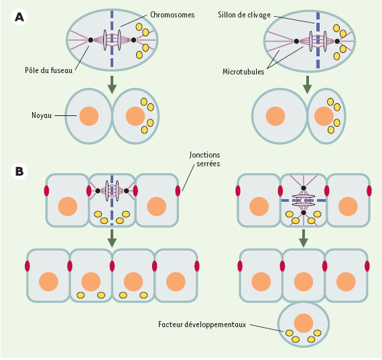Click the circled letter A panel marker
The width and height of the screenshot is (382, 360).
(x=19, y=17)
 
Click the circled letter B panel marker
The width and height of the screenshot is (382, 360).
(x=19, y=172)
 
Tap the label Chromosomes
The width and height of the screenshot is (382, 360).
(x=172, y=15)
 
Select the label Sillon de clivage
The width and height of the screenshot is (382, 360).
(x=244, y=15)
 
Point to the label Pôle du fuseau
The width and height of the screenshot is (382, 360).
(x=49, y=70)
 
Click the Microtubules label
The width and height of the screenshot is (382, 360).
(x=243, y=72)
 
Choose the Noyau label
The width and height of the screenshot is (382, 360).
(x=42, y=115)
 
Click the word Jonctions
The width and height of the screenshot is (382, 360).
(x=204, y=155)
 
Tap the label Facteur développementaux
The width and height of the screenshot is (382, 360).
(x=202, y=324)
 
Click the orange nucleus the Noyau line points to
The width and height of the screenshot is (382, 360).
(x=89, y=116)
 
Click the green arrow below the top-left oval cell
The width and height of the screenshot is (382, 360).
(x=112, y=84)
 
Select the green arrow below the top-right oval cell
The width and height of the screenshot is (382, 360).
(x=308, y=84)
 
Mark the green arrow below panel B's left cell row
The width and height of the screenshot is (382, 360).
(x=112, y=238)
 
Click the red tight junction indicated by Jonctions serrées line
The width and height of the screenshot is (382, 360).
(x=178, y=190)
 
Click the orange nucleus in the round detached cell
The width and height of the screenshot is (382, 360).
(x=304, y=323)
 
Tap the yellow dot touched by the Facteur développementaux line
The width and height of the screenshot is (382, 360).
(x=289, y=333)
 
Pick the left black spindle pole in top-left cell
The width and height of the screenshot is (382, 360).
(x=90, y=40)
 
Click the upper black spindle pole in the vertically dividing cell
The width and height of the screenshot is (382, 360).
(x=304, y=188)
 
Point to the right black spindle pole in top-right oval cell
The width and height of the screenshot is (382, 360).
(x=337, y=42)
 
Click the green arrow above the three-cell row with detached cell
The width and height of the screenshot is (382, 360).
(x=304, y=238)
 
